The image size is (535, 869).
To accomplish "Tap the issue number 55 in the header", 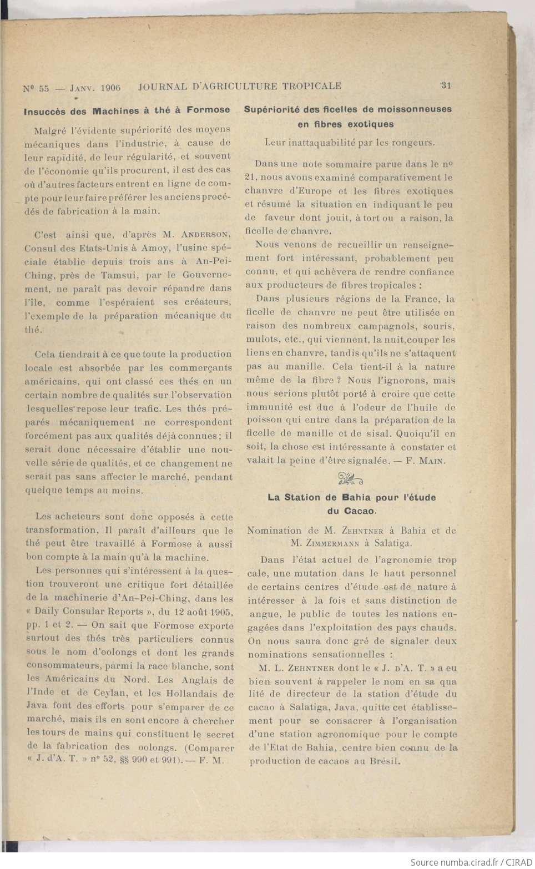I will click(43, 88).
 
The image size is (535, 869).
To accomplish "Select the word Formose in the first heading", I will click(208, 110).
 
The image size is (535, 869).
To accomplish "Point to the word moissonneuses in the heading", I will click(416, 109).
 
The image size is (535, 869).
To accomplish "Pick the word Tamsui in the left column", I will click(110, 275).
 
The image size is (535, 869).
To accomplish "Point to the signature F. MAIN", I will click(426, 461).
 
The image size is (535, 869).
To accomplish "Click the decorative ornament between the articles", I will click(350, 479).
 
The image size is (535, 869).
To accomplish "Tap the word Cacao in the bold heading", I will click(359, 511).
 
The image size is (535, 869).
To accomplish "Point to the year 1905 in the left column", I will click(219, 612).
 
